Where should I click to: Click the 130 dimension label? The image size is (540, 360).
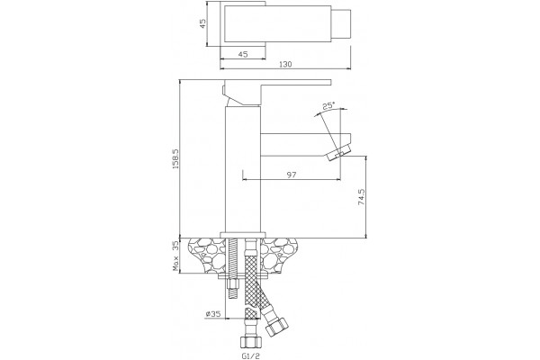point(285,64)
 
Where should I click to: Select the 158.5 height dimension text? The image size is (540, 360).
point(175,158)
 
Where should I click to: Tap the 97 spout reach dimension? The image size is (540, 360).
point(292,175)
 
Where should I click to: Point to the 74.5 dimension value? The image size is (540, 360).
point(361,197)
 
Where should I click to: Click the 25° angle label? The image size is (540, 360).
point(328,106)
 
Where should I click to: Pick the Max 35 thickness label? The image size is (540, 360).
point(175,256)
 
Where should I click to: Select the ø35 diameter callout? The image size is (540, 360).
point(212,314)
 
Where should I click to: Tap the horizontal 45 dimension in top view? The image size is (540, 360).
point(243,54)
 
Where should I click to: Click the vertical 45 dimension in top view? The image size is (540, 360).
point(202,23)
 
